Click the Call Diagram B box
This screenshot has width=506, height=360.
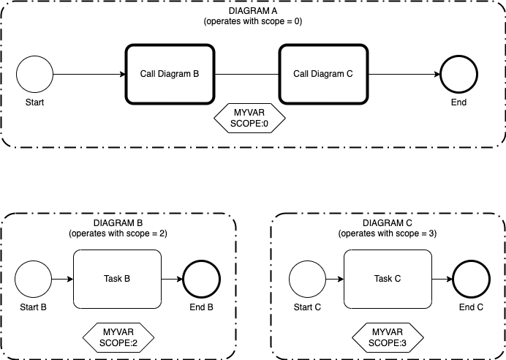pos(170,74)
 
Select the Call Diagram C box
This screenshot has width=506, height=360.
pos(323,74)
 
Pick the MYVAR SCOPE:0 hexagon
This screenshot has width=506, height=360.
pos(249,118)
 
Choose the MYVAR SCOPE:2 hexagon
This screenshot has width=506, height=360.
pos(118,337)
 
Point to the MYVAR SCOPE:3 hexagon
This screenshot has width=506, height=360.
pos(388,337)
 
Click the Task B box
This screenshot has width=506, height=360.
pos(117,279)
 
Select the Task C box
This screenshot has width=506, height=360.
pos(388,279)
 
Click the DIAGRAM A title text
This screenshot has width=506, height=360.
pos(253,11)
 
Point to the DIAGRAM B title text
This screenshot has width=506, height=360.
pos(118,223)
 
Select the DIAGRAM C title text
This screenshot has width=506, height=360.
pos(388,223)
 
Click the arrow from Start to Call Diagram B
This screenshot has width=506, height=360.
pos(89,74)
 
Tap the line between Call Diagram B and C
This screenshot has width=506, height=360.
pos(247,74)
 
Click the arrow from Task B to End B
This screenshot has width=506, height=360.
pos(172,279)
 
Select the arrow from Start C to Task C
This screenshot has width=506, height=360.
pos(335,279)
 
